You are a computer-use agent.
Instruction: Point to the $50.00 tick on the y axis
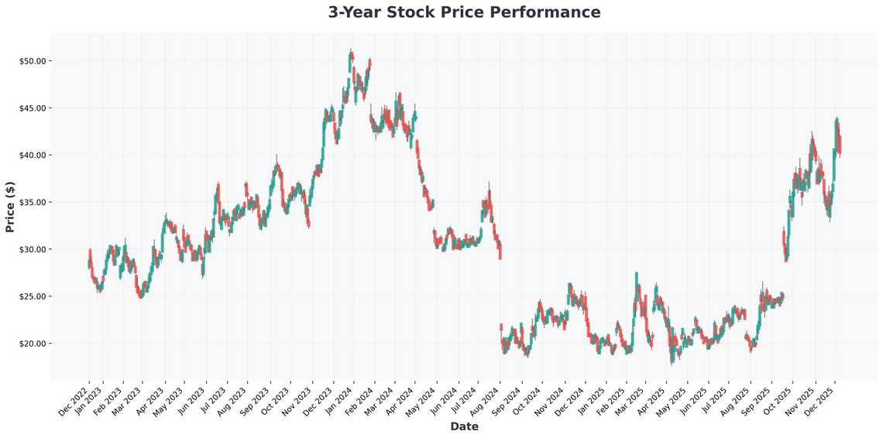click(x=35, y=60)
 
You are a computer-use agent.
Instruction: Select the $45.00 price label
click(x=35, y=108)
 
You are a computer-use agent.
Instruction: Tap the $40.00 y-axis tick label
click(x=35, y=155)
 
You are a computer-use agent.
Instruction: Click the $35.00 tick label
click(x=35, y=202)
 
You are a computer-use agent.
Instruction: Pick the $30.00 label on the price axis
click(x=35, y=249)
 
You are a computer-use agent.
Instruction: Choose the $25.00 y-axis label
click(x=35, y=296)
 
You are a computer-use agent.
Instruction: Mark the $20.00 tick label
click(x=35, y=344)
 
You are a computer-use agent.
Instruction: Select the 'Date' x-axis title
click(x=464, y=426)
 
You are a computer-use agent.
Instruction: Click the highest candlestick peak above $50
click(x=351, y=51)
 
